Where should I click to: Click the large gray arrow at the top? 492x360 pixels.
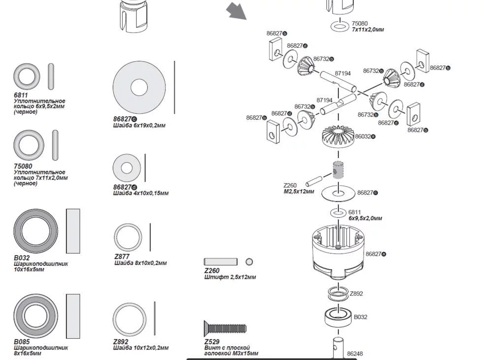pyautogui.click(x=237, y=11)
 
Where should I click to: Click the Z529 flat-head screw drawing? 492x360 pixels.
pyautogui.click(x=225, y=327)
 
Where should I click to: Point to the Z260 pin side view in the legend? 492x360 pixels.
pyautogui.click(x=220, y=262)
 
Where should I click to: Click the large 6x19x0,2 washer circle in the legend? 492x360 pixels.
pyautogui.click(x=139, y=88)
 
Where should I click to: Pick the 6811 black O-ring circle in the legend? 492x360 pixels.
pyautogui.click(x=26, y=77)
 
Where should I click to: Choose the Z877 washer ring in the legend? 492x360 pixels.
pyautogui.click(x=128, y=237)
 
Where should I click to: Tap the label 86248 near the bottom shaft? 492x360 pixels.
pyautogui.click(x=355, y=354)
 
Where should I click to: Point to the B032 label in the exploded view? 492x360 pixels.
pyautogui.click(x=361, y=317)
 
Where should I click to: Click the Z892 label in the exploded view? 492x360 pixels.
pyautogui.click(x=356, y=294)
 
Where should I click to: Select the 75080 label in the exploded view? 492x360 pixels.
pyautogui.click(x=360, y=24)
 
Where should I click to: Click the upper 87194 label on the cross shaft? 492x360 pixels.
pyautogui.click(x=343, y=73)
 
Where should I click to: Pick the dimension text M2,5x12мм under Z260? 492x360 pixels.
pyautogui.click(x=299, y=192)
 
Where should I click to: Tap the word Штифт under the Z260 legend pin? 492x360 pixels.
pyautogui.click(x=215, y=277)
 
